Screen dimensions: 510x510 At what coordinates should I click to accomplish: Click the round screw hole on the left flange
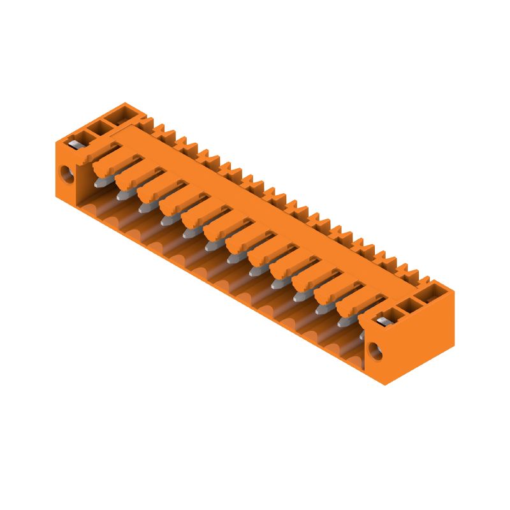coord(66,173)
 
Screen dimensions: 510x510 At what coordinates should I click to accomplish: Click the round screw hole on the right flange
coord(375,351)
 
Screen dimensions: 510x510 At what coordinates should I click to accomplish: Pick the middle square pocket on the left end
coord(98,126)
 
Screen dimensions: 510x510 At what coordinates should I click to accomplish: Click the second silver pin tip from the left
coord(121,195)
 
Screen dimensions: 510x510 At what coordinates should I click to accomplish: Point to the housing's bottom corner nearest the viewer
coord(385,384)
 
